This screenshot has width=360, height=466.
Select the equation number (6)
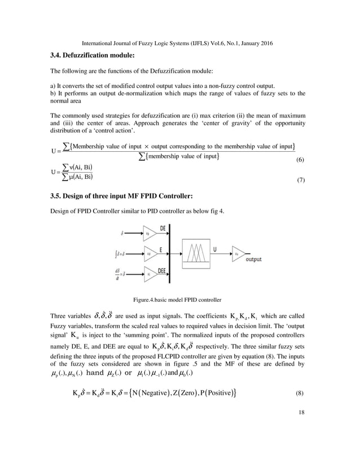pyautogui.click(x=300, y=161)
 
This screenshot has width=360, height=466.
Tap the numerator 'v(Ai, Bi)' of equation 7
pyautogui.click(x=80, y=168)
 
